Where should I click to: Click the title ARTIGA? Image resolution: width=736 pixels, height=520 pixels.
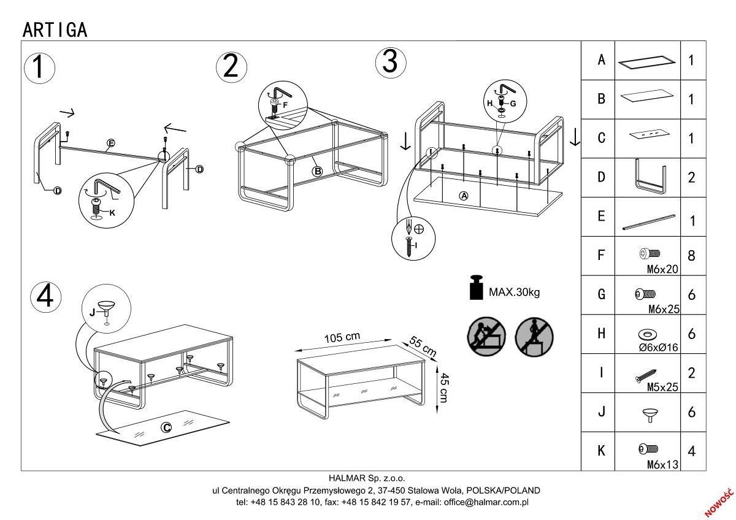tap(55, 29)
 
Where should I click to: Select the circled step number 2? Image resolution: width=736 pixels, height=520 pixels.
tap(231, 66)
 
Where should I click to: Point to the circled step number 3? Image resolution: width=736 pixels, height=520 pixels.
tap(390, 62)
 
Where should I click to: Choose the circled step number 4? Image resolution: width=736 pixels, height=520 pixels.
tap(46, 297)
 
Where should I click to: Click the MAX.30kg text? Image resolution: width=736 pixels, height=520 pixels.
tap(514, 292)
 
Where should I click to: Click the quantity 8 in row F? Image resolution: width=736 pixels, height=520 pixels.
tap(691, 256)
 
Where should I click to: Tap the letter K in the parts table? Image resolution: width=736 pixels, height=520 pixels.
tap(601, 451)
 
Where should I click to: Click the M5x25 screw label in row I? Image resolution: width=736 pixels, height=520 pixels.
tap(662, 388)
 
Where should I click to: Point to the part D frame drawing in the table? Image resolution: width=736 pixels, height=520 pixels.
tap(648, 177)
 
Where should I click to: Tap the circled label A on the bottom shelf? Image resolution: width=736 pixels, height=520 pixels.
tap(464, 196)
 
